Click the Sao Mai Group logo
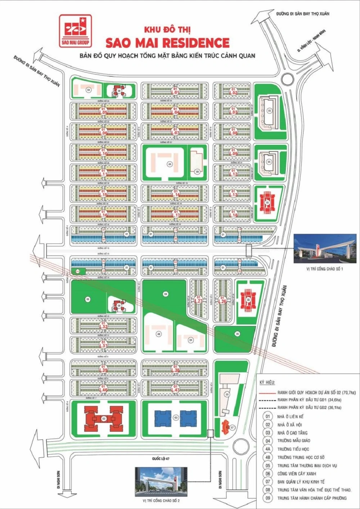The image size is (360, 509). (75, 31)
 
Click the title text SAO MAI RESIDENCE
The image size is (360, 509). (167, 43)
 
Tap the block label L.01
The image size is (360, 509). (175, 91)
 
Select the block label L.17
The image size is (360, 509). (176, 214)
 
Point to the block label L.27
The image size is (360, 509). (198, 300)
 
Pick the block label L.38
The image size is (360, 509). (175, 369)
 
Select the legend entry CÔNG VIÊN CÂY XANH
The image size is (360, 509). (297, 474)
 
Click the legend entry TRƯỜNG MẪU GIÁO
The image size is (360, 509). (293, 441)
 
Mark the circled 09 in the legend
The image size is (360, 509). (267, 498)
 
